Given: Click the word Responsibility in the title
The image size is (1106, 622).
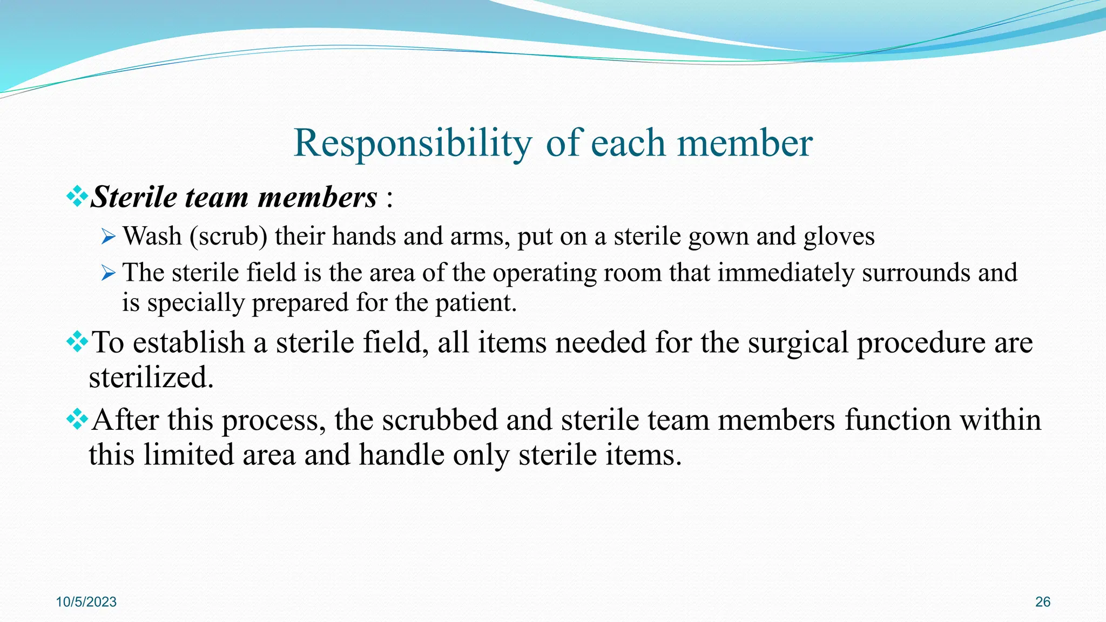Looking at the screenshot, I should [413, 144].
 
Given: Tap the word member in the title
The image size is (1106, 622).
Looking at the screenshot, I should [745, 144].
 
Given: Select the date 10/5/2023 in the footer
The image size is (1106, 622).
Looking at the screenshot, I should [86, 602].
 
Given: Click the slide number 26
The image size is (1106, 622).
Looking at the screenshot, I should [1042, 602].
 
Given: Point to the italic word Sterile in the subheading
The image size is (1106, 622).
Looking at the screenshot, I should [134, 197].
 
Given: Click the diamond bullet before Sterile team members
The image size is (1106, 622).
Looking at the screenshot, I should [77, 196].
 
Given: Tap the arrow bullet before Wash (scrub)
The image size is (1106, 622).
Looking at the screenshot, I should [108, 236].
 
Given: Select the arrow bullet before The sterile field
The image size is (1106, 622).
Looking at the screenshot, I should [108, 273].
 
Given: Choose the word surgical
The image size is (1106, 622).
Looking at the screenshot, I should [798, 343].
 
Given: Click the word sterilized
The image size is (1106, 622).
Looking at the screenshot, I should [151, 377].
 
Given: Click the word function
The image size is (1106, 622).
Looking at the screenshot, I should [897, 421].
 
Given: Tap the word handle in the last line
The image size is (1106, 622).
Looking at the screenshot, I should [401, 455].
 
